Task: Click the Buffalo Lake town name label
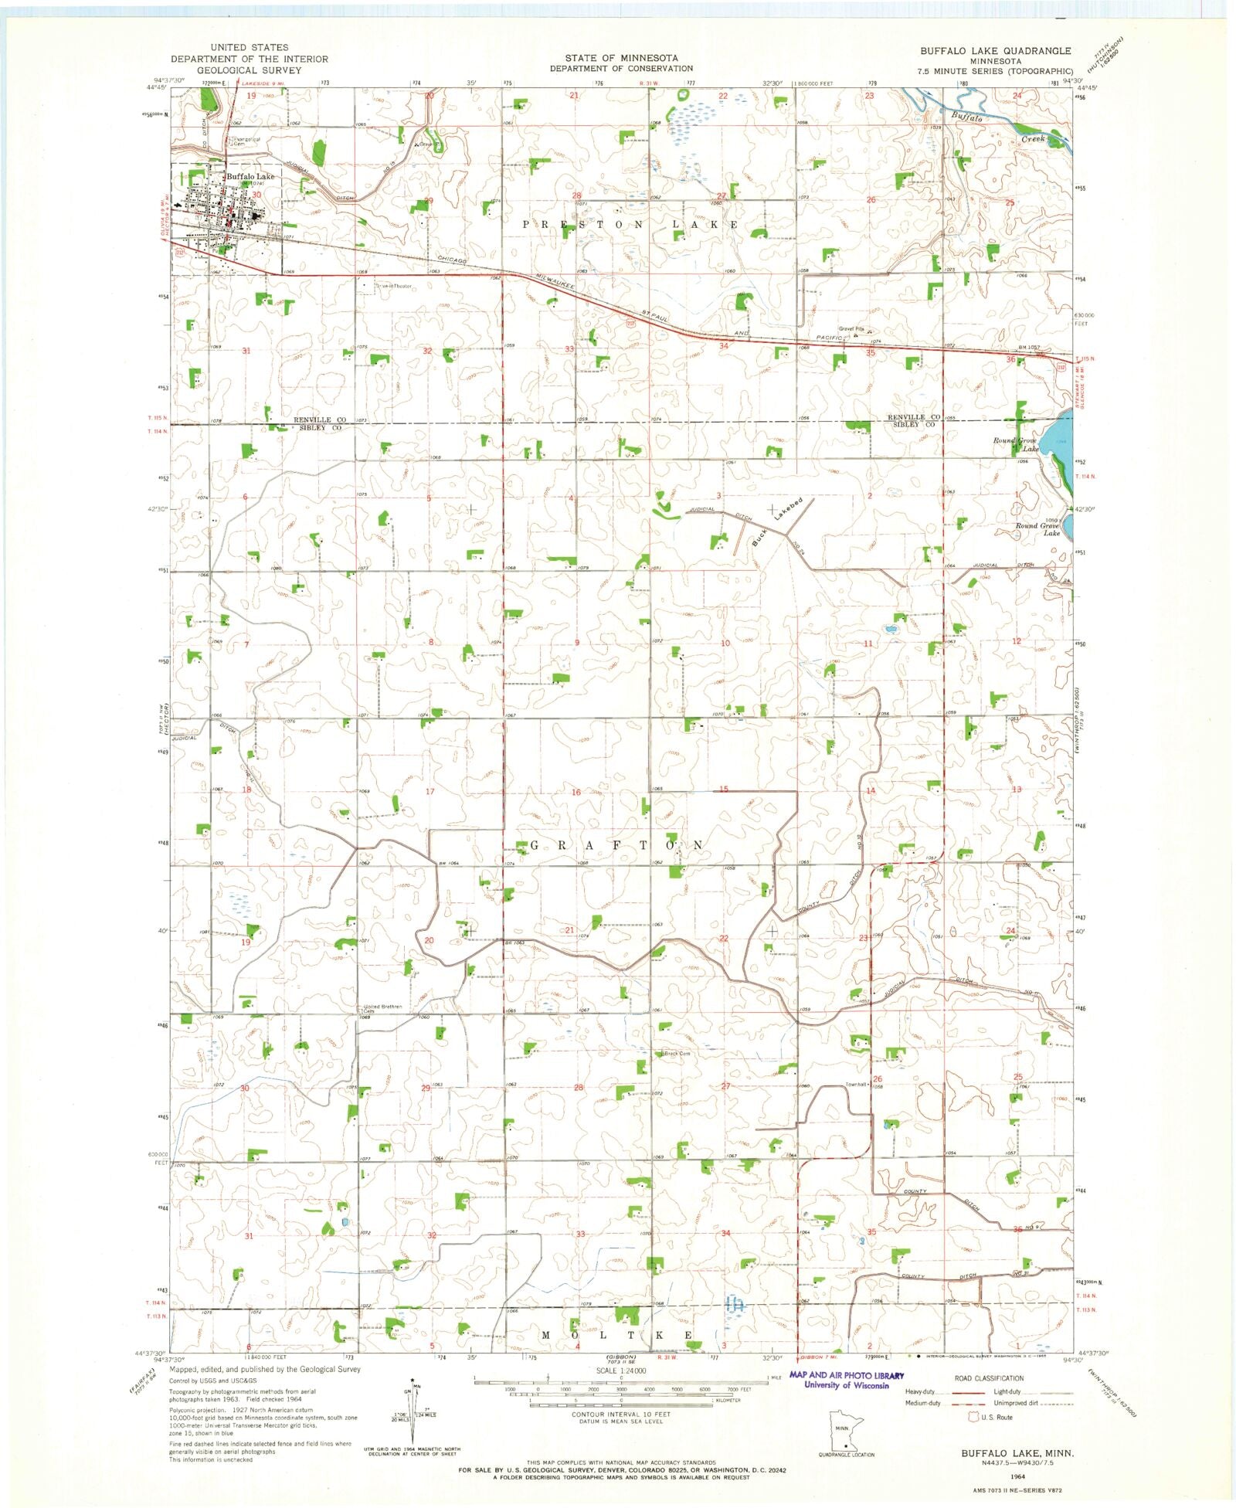(x=250, y=176)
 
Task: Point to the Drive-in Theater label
(x=395, y=286)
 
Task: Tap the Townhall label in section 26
(x=856, y=1084)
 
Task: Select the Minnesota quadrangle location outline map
(x=845, y=1430)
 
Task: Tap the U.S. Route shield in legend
(x=973, y=1417)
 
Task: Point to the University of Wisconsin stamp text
(x=846, y=1385)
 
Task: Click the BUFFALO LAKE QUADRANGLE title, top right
(x=995, y=51)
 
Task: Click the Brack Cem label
(x=677, y=1054)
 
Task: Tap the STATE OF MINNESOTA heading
(x=621, y=58)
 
